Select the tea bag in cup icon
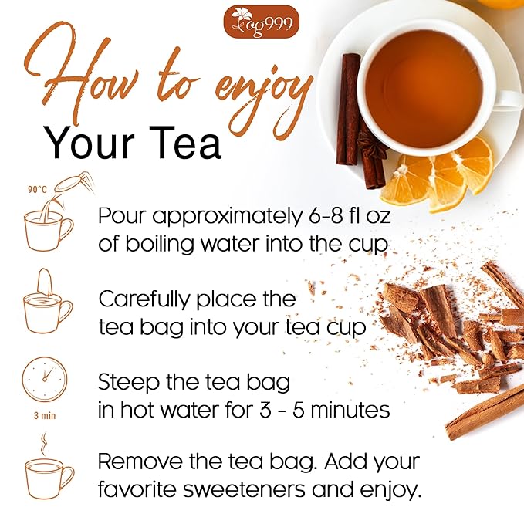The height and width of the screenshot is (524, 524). point(48,303)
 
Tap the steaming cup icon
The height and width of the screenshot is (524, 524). point(49,470)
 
